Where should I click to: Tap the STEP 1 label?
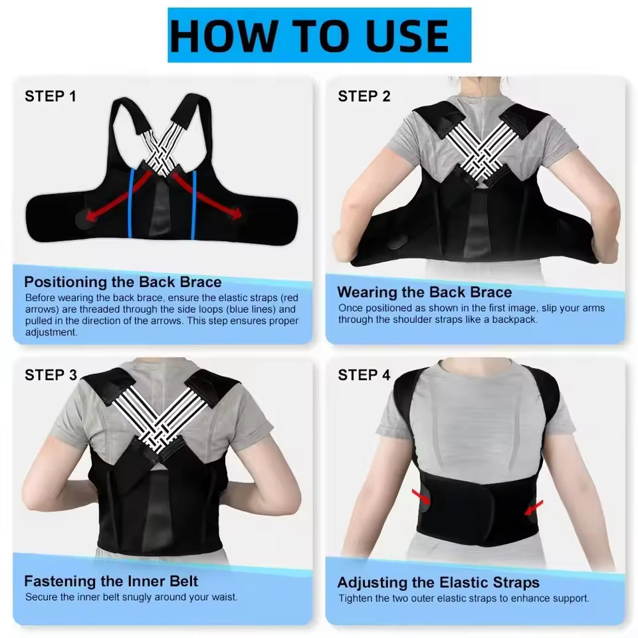click(51, 96)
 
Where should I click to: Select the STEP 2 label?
click(364, 96)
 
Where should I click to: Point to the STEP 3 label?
click(51, 375)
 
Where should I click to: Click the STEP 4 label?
click(364, 375)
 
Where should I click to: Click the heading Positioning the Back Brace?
click(123, 282)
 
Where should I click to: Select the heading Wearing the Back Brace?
click(424, 292)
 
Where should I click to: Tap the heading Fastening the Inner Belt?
click(111, 582)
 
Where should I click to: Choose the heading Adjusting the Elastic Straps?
click(438, 583)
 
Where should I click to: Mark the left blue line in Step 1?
click(131, 203)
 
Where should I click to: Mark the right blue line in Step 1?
click(194, 203)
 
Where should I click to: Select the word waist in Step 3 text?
click(223, 597)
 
